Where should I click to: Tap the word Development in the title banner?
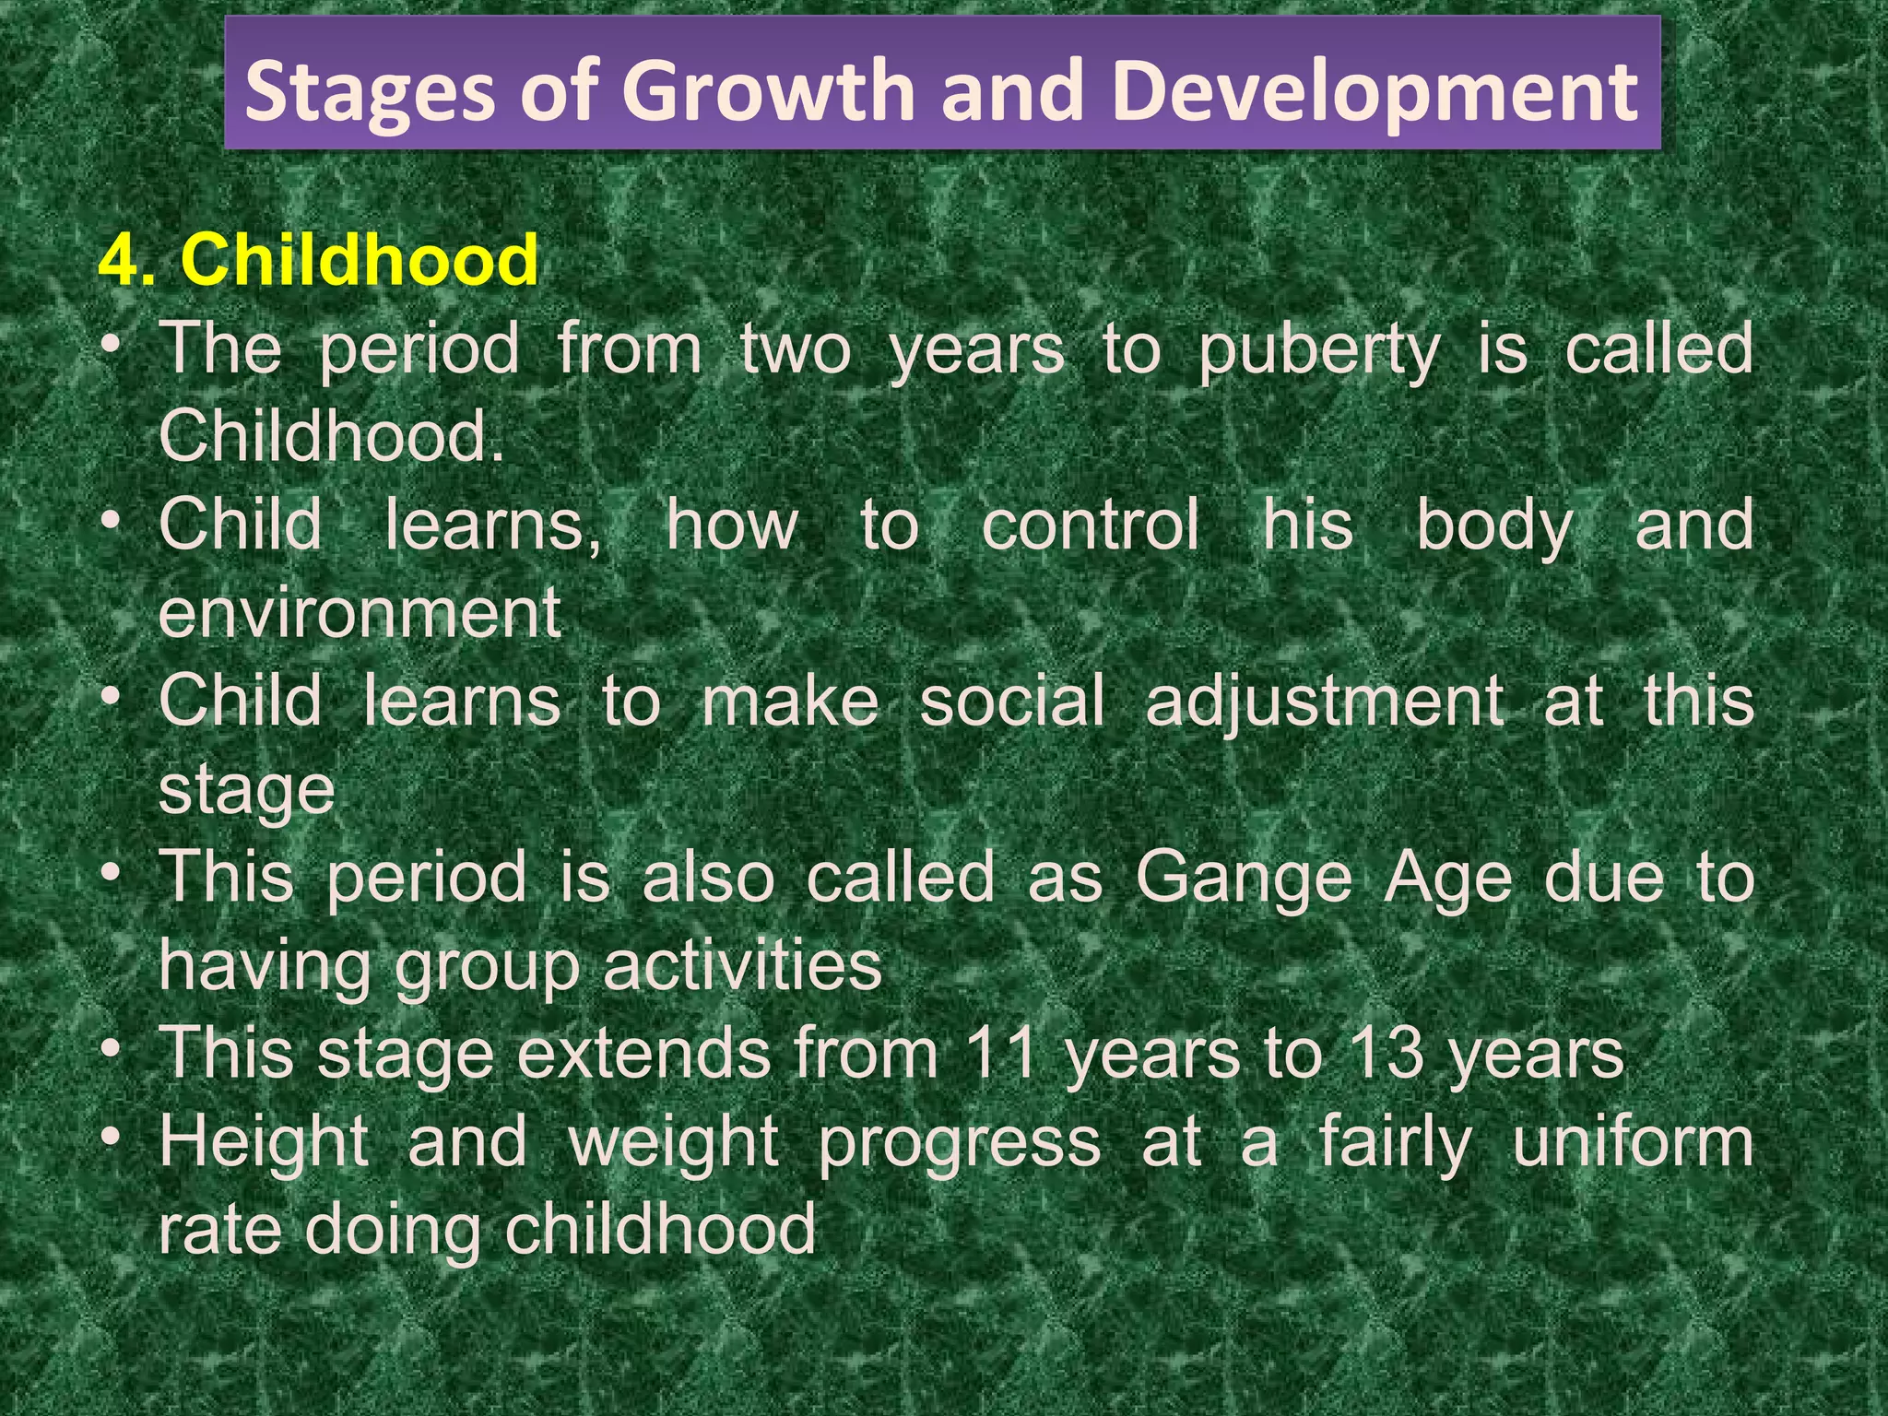point(1375,90)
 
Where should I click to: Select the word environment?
point(360,612)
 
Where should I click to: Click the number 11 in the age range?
point(1001,1053)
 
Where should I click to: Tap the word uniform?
point(1632,1141)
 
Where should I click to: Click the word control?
point(1090,525)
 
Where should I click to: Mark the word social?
point(1011,701)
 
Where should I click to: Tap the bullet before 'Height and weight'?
point(112,1138)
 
